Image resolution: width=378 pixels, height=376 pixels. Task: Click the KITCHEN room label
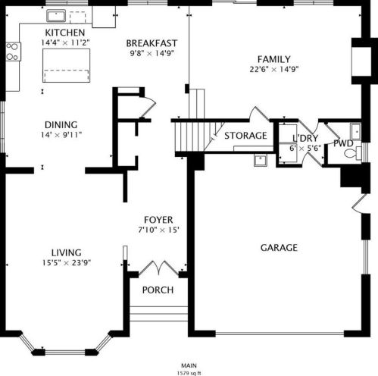(65, 33)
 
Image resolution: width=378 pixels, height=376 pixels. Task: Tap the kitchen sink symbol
(56, 16)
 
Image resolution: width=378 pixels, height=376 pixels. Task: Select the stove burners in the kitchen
(13, 52)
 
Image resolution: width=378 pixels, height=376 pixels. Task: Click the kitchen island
(66, 65)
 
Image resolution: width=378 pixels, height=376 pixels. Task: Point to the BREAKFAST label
(152, 43)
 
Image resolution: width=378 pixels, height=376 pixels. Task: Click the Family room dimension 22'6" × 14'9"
(274, 69)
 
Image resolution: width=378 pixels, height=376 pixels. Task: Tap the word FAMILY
(274, 59)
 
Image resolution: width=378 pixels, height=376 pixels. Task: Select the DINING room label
(61, 125)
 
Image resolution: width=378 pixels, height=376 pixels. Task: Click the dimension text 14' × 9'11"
(61, 135)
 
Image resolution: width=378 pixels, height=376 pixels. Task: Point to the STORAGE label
(245, 136)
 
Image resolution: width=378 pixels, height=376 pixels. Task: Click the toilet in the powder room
(353, 153)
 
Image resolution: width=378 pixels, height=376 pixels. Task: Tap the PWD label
(343, 143)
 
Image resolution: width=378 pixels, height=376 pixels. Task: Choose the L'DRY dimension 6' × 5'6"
(305, 148)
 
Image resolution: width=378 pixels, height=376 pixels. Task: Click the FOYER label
(158, 220)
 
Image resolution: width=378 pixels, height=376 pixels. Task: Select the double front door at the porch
(158, 268)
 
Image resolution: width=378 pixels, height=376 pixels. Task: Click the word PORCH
(158, 290)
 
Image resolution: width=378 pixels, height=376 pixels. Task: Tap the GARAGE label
(279, 248)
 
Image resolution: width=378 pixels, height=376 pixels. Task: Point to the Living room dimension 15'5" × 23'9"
(67, 263)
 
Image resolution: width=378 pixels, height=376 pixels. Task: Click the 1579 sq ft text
(189, 373)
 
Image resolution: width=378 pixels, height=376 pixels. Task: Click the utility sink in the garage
(261, 160)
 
